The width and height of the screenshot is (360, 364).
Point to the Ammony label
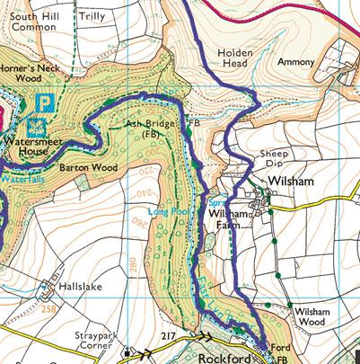[x=296, y=62]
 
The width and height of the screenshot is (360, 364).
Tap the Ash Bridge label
[x=145, y=128]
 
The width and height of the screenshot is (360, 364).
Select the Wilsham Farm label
[x=232, y=221]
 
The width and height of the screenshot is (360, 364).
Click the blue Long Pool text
[x=165, y=211]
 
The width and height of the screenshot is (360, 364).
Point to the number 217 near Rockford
[x=167, y=335]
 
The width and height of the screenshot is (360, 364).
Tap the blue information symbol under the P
[x=39, y=126]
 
